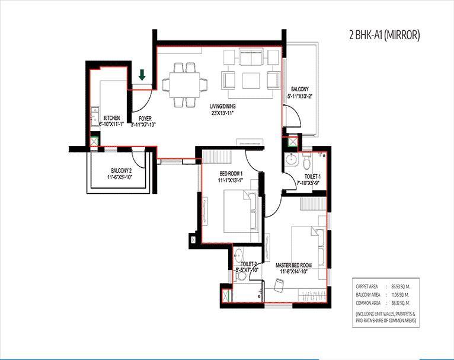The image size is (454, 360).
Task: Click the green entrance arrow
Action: (142, 75)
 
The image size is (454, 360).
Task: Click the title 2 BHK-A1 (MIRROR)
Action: (384, 35)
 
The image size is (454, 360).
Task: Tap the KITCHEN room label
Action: (113, 118)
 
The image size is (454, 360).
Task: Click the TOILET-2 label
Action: (248, 263)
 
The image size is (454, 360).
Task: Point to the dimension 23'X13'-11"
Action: (223, 114)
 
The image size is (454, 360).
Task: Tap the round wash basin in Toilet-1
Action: (291, 160)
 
